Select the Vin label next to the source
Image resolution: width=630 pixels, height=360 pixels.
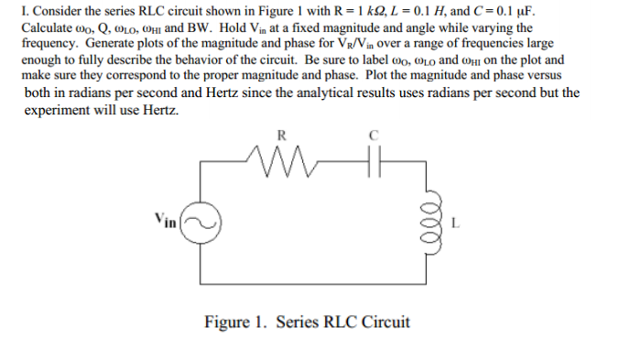coord(165,219)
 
